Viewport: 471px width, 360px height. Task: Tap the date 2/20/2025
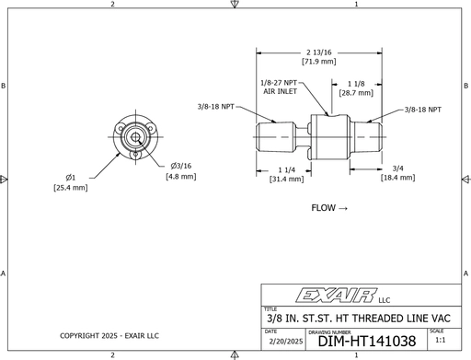click(x=284, y=340)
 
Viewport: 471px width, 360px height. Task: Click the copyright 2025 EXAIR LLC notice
click(x=112, y=335)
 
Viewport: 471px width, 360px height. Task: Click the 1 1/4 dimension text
click(x=286, y=169)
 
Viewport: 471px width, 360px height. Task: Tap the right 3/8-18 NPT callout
click(x=422, y=109)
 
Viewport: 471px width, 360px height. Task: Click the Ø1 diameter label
click(x=70, y=177)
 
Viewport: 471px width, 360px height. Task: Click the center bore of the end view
click(x=135, y=139)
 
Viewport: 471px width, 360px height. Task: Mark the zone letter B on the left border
click(x=5, y=86)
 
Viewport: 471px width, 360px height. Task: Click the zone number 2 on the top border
click(x=112, y=5)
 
